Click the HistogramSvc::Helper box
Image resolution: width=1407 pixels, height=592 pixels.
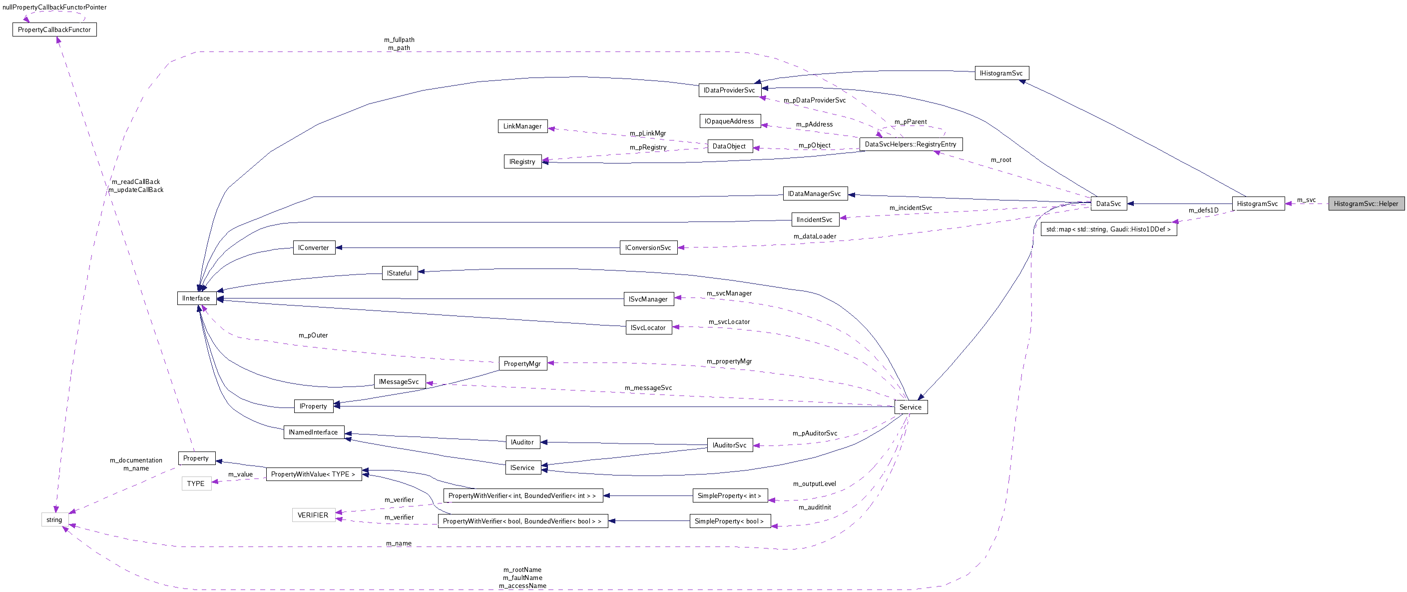pos(1366,204)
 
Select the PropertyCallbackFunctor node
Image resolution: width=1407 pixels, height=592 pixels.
pos(54,29)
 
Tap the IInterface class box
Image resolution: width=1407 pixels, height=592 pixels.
pos(196,298)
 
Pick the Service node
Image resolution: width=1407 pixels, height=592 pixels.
pos(910,407)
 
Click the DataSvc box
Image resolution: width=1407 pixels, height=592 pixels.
pos(1108,204)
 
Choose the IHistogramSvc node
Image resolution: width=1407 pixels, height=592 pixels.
pos(1001,73)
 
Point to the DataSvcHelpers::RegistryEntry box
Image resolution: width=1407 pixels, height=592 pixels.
pos(911,144)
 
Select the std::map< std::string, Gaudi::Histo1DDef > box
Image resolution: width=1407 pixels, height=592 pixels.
pos(1108,229)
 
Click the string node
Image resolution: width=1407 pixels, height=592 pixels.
pos(54,520)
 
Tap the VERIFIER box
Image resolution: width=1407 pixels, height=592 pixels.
pos(313,515)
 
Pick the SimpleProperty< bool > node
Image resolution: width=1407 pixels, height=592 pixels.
pos(729,521)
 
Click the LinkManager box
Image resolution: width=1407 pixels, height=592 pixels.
pos(522,126)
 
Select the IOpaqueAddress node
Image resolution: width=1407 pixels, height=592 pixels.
pos(729,121)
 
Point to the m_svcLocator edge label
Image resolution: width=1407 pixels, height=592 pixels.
pos(729,322)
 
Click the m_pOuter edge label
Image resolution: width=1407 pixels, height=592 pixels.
pos(313,335)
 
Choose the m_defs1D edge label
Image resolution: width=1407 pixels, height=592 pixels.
pos(1203,210)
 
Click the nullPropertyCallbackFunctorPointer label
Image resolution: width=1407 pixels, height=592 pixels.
pos(54,7)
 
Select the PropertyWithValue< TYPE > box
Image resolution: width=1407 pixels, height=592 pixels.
pos(313,474)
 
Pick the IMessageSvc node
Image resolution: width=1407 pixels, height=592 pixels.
pos(399,382)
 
